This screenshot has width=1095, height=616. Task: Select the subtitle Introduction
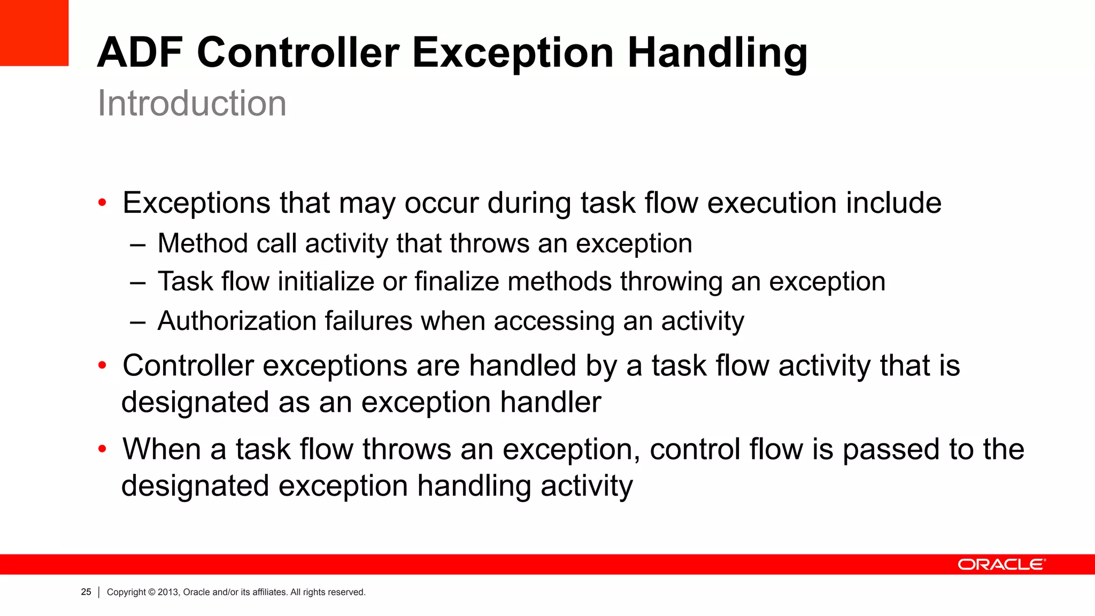(x=192, y=103)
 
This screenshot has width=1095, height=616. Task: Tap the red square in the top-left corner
(x=34, y=32)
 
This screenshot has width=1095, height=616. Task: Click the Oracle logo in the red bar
(x=1001, y=565)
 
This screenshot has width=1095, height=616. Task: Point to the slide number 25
(x=86, y=592)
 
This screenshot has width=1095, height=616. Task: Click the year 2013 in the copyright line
(x=168, y=592)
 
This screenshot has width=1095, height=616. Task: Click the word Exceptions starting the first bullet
(x=196, y=203)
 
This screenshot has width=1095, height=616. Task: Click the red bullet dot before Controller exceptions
(x=102, y=366)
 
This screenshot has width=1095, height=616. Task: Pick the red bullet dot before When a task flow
(x=102, y=449)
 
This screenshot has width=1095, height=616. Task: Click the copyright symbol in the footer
(x=151, y=592)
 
